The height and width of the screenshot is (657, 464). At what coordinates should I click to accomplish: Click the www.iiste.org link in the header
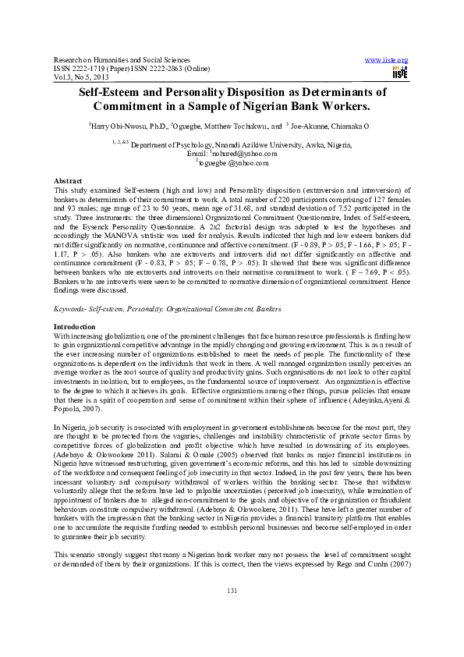pyautogui.click(x=386, y=60)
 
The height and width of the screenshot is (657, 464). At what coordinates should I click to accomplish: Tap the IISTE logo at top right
pyautogui.click(x=400, y=72)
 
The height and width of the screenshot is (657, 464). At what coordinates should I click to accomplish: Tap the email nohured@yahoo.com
pyautogui.click(x=234, y=154)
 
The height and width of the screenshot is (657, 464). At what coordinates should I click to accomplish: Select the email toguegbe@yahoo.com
pyautogui.click(x=233, y=162)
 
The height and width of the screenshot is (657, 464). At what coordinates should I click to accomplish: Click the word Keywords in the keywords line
pyautogui.click(x=69, y=310)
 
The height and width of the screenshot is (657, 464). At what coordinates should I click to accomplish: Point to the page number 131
pyautogui.click(x=231, y=613)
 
